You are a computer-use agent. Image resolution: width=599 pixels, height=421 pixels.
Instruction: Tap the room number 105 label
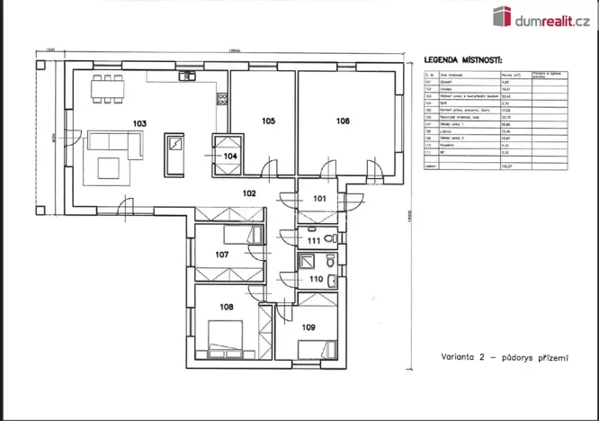pos(268,121)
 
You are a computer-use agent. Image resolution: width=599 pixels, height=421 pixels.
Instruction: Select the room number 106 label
pos(343,121)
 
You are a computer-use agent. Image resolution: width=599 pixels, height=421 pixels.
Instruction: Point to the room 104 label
pos(230,156)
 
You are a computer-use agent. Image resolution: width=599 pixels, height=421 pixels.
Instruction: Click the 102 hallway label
pos(249,193)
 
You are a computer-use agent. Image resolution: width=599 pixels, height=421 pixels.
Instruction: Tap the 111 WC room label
pos(313,241)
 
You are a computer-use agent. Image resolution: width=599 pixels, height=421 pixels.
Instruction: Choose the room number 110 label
pos(315,280)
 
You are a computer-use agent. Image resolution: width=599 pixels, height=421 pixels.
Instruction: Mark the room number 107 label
pos(222,255)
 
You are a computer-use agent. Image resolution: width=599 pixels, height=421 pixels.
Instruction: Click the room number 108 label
pos(226,307)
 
